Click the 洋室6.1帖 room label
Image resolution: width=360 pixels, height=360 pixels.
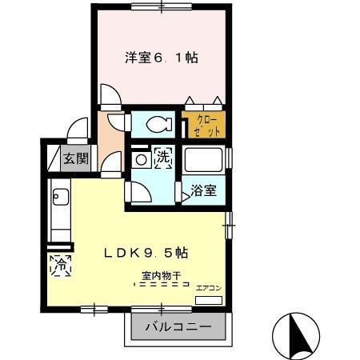(x=161, y=58)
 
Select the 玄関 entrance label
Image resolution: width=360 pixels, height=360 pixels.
(x=77, y=158)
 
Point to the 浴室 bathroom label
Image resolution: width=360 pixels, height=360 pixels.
(x=203, y=191)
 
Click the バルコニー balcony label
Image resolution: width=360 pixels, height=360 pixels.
(x=178, y=327)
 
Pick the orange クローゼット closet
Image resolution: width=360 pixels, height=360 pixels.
(x=205, y=126)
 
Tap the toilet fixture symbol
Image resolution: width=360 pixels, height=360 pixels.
(x=158, y=124)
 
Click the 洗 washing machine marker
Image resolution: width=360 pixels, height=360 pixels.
(x=163, y=157)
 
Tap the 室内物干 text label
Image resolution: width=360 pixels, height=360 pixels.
(x=162, y=276)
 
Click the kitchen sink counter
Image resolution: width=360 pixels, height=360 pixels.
(x=60, y=212)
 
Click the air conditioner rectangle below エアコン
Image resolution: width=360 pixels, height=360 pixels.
(x=209, y=299)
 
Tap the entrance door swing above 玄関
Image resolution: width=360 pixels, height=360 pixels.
(x=78, y=131)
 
